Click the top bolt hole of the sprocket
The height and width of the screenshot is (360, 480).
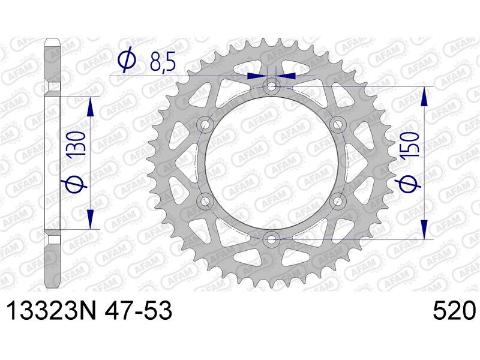272,86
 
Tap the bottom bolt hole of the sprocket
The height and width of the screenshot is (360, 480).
272,239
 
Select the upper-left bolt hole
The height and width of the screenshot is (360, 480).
205,124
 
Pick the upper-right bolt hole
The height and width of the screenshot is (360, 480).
338,124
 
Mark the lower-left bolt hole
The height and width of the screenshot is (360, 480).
205,201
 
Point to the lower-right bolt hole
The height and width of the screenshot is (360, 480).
338,201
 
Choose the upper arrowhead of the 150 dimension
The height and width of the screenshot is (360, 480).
424,96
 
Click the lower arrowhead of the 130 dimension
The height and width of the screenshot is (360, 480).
91,220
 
